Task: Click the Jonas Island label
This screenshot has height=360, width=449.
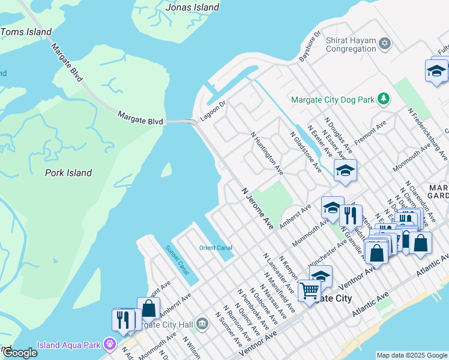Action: click(191, 7)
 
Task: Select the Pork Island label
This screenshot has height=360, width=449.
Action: click(68, 173)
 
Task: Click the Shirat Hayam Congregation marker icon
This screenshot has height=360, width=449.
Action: click(385, 43)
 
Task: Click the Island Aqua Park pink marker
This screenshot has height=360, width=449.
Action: click(109, 344)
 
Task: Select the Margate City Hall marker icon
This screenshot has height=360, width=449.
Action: click(202, 325)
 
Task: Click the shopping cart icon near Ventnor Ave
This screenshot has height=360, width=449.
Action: click(309, 291)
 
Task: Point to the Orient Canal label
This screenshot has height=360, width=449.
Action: click(215, 248)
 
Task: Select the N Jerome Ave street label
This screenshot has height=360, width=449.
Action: click(258, 208)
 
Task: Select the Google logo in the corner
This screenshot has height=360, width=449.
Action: click(19, 353)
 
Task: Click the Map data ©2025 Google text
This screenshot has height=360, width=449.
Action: click(412, 355)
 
